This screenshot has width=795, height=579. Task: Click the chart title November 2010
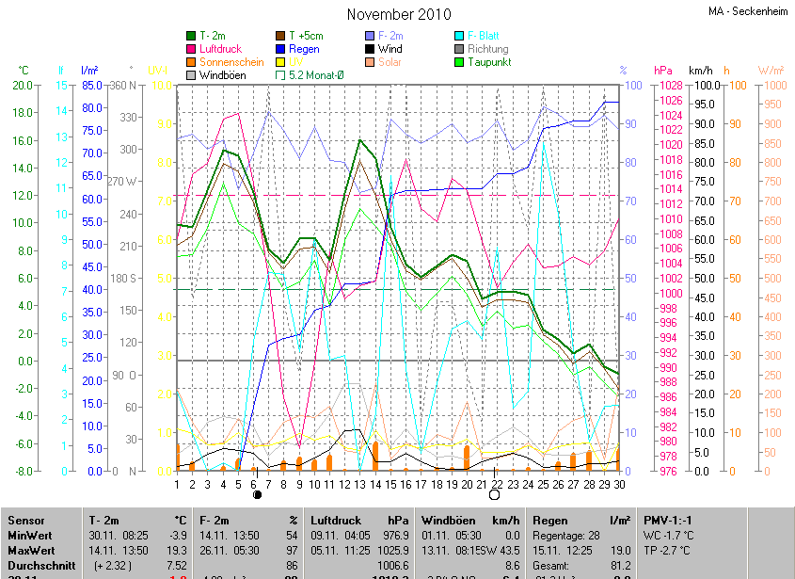(398, 14)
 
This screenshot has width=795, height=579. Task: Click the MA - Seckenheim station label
(747, 11)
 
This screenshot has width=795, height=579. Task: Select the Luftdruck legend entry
(221, 49)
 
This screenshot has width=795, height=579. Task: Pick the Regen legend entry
(304, 49)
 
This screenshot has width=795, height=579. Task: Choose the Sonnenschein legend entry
(231, 62)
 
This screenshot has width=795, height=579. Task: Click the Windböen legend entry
(222, 74)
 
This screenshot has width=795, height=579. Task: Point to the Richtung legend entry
(487, 49)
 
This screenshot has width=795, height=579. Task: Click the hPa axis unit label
(662, 71)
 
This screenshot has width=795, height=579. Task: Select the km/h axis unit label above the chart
(701, 71)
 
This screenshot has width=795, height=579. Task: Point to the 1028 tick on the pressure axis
(670, 86)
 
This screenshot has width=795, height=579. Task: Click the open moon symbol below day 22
(495, 494)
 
